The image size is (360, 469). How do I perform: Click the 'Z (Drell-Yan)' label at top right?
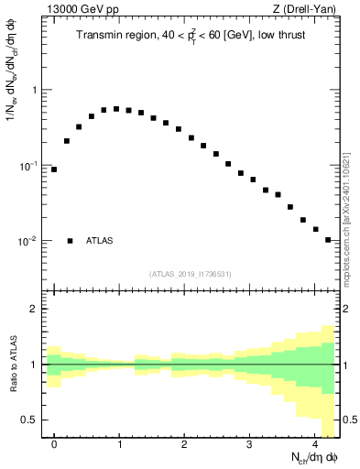click(x=306, y=10)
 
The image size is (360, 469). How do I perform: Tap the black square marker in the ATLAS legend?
click(x=70, y=241)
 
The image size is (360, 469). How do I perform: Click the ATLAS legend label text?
click(x=100, y=241)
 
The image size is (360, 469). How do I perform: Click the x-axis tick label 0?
click(x=54, y=443)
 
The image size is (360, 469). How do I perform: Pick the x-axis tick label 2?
click(x=185, y=443)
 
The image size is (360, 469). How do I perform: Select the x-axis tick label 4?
click(x=315, y=443)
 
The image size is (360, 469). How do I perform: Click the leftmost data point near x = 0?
click(x=54, y=169)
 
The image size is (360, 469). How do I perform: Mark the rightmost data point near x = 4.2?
click(x=328, y=240)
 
